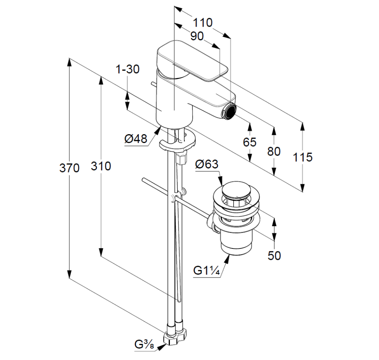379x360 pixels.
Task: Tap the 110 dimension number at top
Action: point(202,23)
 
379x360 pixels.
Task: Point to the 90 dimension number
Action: point(196,36)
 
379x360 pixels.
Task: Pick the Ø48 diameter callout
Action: point(135,139)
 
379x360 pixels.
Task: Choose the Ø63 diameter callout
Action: point(206,164)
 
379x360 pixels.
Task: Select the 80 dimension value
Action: point(274,152)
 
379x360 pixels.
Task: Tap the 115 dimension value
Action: point(302,157)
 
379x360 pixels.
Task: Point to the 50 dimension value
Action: point(274,256)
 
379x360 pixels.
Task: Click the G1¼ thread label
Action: point(206,270)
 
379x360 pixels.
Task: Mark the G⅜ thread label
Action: point(143,345)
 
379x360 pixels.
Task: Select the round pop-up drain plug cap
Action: point(237,191)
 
